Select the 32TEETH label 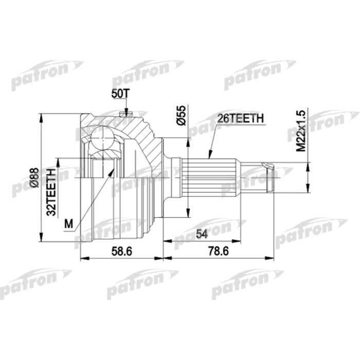(x=51, y=192)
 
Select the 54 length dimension (x=202, y=234)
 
